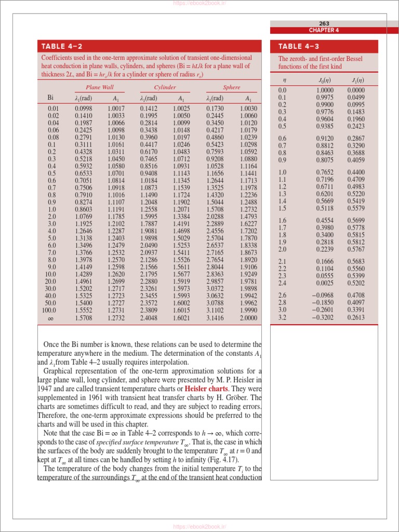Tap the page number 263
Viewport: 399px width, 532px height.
pos(324,23)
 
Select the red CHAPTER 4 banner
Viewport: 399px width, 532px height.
pos(324,30)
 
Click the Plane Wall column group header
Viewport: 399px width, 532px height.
pos(100,87)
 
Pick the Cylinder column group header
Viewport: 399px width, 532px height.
pos(165,87)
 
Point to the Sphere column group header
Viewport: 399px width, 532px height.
pos(232,87)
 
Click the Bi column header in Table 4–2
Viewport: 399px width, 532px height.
pos(50,98)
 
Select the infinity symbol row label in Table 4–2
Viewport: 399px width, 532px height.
pos(50,318)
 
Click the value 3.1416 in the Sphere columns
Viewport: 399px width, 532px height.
pos(215,318)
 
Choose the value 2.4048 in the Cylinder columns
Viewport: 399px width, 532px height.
pos(149,318)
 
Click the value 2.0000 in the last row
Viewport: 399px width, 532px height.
pos(248,318)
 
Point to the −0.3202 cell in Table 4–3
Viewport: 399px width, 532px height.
pos(323,317)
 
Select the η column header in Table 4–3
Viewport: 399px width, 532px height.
pos(284,80)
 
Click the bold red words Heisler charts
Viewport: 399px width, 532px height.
pos(206,389)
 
